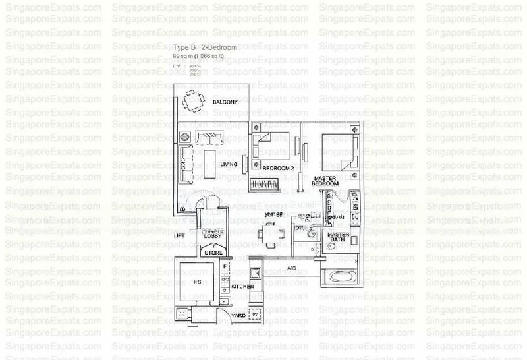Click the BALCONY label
tap(225, 102)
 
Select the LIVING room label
tap(229, 164)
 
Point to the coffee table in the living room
tap(209, 161)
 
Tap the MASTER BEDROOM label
tap(327, 183)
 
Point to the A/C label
tap(292, 268)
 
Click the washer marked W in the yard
tap(255, 314)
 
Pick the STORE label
tap(211, 252)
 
